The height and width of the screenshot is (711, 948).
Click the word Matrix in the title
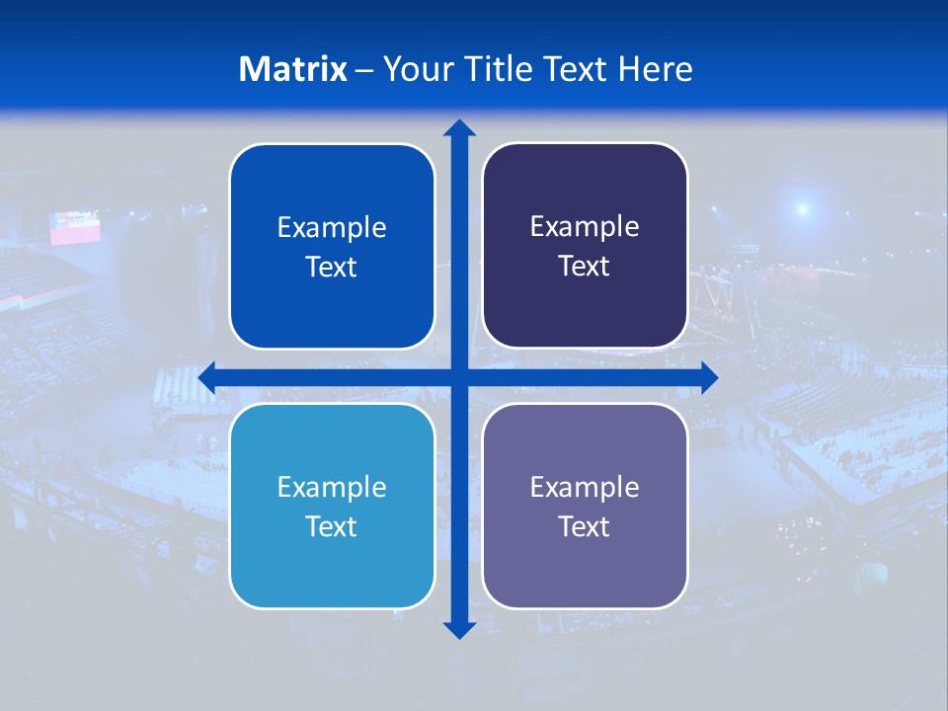293,69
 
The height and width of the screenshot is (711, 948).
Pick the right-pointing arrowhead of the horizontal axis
709,377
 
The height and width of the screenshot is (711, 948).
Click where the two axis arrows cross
459,377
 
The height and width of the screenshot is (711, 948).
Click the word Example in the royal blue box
332,228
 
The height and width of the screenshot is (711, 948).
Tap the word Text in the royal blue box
332,267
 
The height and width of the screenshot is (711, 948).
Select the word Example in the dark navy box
585,227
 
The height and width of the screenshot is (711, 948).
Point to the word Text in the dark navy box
585,266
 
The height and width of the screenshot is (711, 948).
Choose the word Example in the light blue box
332,488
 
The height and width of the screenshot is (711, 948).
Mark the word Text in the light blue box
332,526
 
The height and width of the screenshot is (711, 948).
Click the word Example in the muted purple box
585,487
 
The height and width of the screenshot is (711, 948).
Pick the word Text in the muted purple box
585,526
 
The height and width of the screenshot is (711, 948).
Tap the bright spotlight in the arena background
802,208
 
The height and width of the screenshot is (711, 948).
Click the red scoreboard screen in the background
76,227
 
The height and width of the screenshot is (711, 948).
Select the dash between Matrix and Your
364,70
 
